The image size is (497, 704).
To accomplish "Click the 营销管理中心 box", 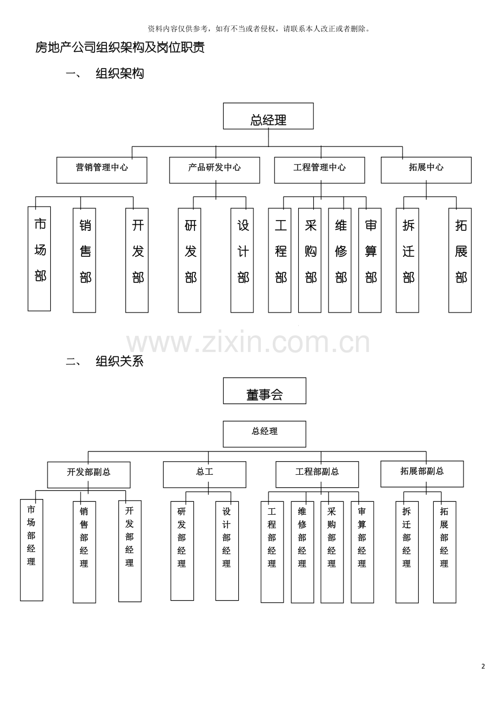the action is tap(102, 170).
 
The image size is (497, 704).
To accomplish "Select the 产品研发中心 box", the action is tap(214, 170).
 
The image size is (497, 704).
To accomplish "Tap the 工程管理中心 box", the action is tap(320, 170).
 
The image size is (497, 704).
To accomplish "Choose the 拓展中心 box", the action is tap(426, 170).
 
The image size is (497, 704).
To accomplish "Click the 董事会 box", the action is tap(265, 390).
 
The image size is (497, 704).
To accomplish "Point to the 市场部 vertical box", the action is tap(39, 258).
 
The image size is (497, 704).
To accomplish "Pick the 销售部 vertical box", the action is tap(84, 260).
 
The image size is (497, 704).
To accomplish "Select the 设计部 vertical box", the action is tap(242, 260).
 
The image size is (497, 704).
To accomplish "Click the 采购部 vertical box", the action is tap(310, 260).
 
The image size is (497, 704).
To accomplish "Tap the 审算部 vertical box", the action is tap(370, 260).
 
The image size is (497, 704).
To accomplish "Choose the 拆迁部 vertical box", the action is tap(407, 260).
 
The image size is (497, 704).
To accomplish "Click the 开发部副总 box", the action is tap(89, 475).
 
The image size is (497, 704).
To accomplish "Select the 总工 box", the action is tap(205, 475).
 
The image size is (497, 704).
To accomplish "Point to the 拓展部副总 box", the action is tap(422, 474).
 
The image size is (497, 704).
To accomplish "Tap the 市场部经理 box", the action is tap(32, 550).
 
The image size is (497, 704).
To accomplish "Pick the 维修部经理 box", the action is tap(303, 552).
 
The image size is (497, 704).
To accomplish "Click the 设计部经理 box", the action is tap(227, 551).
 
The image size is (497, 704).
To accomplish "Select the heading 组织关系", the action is tap(119, 361).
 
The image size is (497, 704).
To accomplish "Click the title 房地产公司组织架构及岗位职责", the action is tap(119, 47).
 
